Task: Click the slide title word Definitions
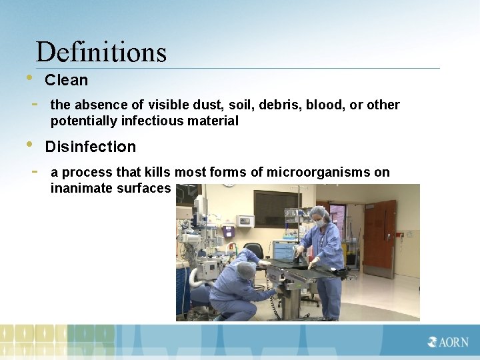pos(101,52)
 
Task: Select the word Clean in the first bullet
pos(66,80)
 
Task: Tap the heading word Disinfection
pos(90,147)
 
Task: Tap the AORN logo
pos(449,342)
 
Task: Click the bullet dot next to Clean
pos(29,77)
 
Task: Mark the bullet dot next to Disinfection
pos(29,144)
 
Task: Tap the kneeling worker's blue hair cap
pos(246,271)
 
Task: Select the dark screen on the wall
pos(276,208)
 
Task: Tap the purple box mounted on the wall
pos(228,230)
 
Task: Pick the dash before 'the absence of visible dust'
pos(35,105)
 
